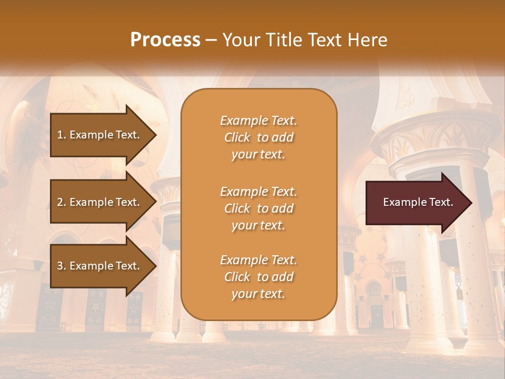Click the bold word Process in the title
(165, 40)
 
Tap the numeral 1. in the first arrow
(62, 135)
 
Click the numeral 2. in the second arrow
(62, 202)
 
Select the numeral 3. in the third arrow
(62, 266)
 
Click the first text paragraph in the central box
(258, 137)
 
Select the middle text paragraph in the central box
(258, 208)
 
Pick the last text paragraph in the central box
(258, 277)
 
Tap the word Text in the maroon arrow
(442, 202)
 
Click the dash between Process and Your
(211, 40)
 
